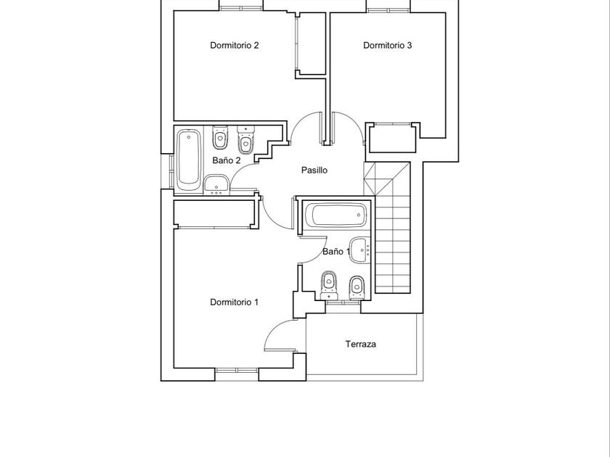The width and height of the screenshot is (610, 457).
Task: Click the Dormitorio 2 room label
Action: pyautogui.click(x=234, y=45)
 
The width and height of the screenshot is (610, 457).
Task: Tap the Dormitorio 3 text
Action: pyautogui.click(x=387, y=45)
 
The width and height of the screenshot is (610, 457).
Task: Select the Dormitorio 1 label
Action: pyautogui.click(x=234, y=302)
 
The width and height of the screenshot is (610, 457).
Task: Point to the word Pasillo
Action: pyautogui.click(x=314, y=170)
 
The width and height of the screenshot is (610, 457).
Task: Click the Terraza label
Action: pyautogui.click(x=361, y=344)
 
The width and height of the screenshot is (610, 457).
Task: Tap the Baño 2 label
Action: pyautogui.click(x=227, y=160)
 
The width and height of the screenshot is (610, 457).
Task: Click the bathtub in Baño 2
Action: pyautogui.click(x=189, y=160)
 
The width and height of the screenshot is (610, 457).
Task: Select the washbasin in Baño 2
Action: pyautogui.click(x=216, y=184)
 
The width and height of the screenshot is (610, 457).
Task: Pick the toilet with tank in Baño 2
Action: pyautogui.click(x=220, y=137)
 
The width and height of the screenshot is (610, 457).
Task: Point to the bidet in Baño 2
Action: pyautogui.click(x=245, y=140)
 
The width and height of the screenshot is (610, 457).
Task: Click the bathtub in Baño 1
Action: pyautogui.click(x=335, y=215)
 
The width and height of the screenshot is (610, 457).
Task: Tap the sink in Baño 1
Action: pyautogui.click(x=360, y=250)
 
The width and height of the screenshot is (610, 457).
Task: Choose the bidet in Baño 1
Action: pyautogui.click(x=357, y=287)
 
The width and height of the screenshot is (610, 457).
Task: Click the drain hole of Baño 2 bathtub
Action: pyautogui.click(x=189, y=137)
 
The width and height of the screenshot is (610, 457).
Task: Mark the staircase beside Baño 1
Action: pyautogui.click(x=392, y=227)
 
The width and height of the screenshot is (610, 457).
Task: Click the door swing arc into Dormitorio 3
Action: pyautogui.click(x=350, y=120)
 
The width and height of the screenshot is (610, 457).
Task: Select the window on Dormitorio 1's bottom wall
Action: pyautogui.click(x=237, y=371)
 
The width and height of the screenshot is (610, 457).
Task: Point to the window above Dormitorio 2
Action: pyautogui.click(x=241, y=8)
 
